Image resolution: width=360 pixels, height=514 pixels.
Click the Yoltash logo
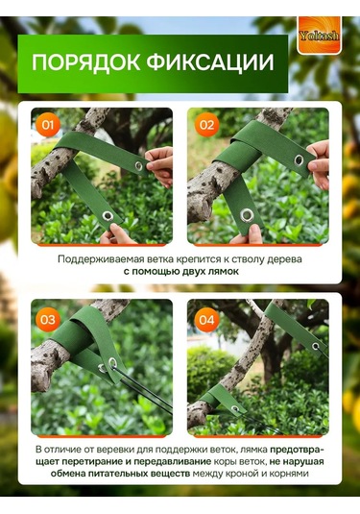point(319,36)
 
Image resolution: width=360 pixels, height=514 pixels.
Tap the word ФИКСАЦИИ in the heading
point(210,62)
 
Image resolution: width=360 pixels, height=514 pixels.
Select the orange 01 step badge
point(48,125)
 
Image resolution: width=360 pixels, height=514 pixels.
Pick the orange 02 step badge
point(206,125)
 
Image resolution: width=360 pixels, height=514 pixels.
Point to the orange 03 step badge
point(48,320)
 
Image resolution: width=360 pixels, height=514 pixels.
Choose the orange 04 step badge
point(206,320)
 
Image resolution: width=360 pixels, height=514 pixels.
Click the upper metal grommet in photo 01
point(139,166)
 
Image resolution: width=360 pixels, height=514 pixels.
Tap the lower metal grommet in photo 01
point(108,216)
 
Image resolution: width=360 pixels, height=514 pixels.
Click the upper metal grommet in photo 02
point(299,160)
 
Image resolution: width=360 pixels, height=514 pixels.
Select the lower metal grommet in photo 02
point(247,216)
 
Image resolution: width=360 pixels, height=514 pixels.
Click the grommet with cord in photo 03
point(112,362)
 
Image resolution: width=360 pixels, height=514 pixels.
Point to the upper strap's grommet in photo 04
point(316,346)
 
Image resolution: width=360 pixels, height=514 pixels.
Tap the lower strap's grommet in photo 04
point(235,408)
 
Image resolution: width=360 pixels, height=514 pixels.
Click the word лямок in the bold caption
point(225,272)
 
